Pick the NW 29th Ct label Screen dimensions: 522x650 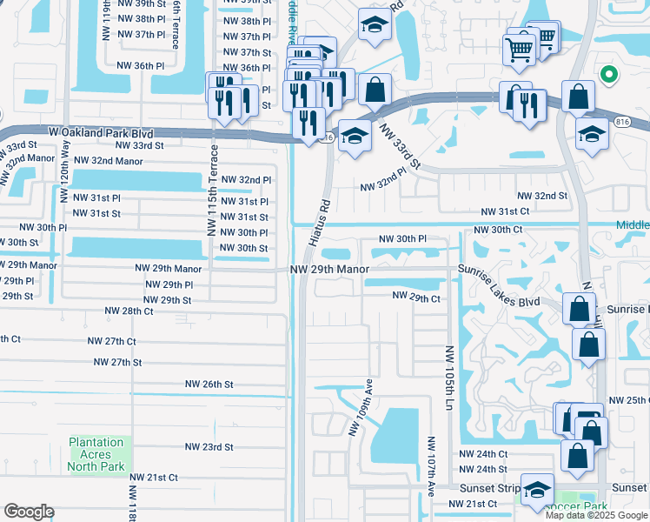[x=416, y=297]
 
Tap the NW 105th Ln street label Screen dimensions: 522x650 [x=449, y=377]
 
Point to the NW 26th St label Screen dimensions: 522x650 [x=209, y=384]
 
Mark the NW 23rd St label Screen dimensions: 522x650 [x=209, y=446]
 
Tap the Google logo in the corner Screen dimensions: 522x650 [x=29, y=512]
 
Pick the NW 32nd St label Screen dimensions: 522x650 [x=542, y=197]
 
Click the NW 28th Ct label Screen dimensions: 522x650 [x=129, y=311]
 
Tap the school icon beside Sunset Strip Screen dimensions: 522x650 [x=537, y=488]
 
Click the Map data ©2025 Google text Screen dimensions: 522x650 [x=596, y=515]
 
